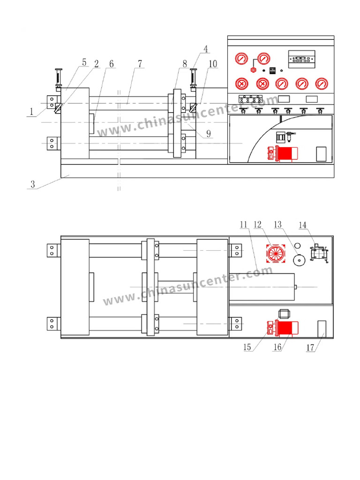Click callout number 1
tap(31, 112)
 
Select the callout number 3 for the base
tap(32, 184)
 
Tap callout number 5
tap(84, 62)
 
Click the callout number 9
tap(208, 134)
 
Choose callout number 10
tap(213, 64)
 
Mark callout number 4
tap(205, 49)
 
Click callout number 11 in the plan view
tap(243, 225)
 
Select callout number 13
tap(278, 225)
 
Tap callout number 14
tap(303, 225)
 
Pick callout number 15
tap(247, 347)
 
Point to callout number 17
tap(310, 348)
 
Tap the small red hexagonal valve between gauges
tap(253, 70)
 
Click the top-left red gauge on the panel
tap(241, 60)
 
